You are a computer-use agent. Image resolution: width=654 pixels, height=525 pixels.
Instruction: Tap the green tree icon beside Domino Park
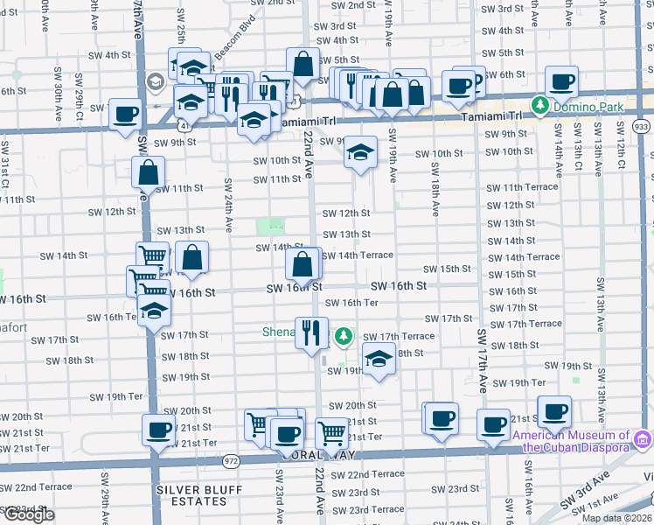click(541, 106)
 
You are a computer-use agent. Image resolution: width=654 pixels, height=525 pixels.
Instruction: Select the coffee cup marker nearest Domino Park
click(561, 82)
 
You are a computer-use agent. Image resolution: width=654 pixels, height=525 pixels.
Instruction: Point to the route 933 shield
click(642, 127)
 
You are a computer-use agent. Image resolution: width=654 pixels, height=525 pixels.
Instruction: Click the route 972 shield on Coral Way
click(231, 458)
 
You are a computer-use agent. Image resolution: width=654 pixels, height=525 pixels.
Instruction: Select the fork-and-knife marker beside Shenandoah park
click(311, 332)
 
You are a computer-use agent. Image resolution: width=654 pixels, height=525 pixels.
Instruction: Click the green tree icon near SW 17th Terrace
click(344, 335)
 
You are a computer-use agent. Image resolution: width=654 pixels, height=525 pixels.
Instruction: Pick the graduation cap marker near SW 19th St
click(379, 360)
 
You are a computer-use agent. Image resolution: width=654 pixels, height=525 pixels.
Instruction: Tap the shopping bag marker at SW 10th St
click(148, 171)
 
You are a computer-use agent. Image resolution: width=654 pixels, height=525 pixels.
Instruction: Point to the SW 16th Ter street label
click(351, 303)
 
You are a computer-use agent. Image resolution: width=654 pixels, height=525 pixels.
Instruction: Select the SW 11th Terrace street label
click(521, 188)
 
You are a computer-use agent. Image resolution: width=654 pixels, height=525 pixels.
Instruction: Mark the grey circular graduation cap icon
click(156, 82)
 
